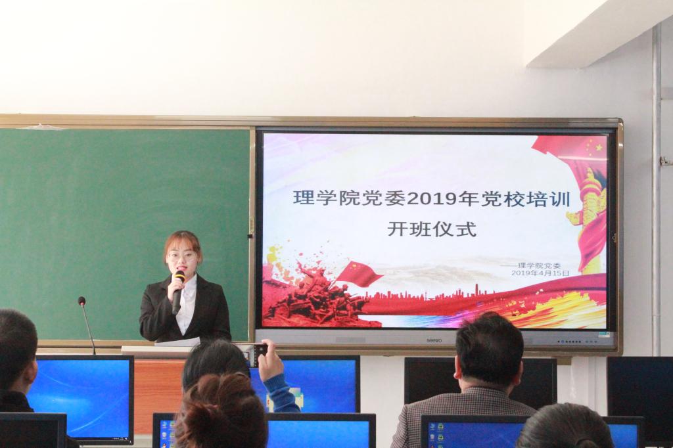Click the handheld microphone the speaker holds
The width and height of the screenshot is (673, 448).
177,292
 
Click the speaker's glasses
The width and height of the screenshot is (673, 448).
182,256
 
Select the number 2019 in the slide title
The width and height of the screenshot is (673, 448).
430,200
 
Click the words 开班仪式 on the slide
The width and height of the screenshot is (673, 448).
432,229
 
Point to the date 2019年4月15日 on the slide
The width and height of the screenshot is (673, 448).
540,273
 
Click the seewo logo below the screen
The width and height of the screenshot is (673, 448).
434,341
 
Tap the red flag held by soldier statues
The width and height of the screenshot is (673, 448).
359,274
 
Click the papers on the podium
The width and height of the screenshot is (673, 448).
177,342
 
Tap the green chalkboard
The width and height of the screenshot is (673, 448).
124,234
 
